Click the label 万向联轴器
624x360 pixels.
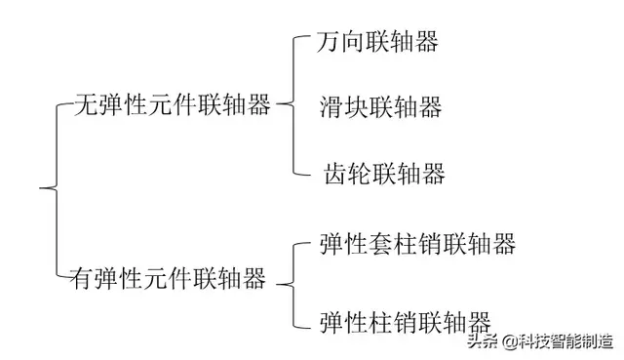coord(377,42)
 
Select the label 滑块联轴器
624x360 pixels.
coord(380,107)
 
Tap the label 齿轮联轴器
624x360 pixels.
coord(384,175)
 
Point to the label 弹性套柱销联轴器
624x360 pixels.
coord(417,242)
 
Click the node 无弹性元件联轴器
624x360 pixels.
coord(173,106)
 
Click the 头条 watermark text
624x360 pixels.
coord(481,340)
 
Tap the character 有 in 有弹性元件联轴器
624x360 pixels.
coord(82,280)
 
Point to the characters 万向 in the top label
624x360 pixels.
coord(341,42)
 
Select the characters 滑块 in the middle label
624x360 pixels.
coord(344,107)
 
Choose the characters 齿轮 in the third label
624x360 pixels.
coord(348,175)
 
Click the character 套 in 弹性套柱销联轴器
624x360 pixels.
coord(381,242)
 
